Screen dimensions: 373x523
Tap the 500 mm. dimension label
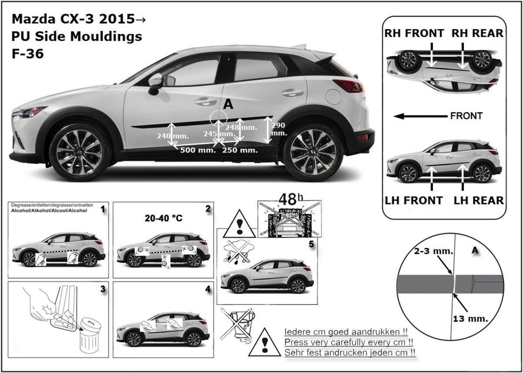click(198, 150)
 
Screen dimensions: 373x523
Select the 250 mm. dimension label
click(240, 150)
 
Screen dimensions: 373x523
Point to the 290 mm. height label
click(279, 129)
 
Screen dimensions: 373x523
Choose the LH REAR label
click(479, 200)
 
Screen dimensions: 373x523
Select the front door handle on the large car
click(205, 102)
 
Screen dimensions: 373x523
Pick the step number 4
click(207, 289)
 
